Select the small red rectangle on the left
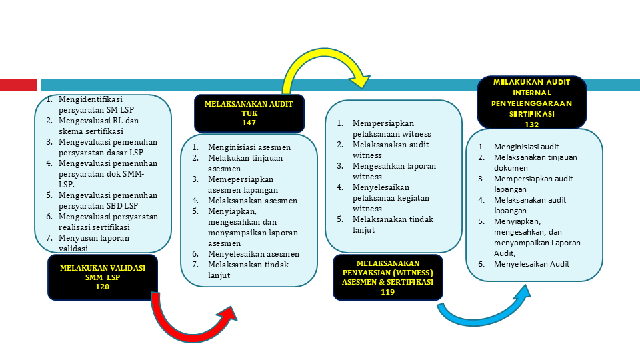point(18,85)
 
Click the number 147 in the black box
point(249,123)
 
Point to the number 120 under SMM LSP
point(102,287)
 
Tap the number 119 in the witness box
point(387,291)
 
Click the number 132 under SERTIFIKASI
point(531,125)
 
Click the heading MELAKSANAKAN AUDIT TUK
point(249,109)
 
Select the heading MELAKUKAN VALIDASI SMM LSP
point(102,273)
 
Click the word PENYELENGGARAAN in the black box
point(531,103)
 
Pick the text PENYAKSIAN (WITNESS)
point(387,273)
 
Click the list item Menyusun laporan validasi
point(94,243)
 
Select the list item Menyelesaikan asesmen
point(253,254)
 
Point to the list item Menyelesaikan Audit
point(531,264)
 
